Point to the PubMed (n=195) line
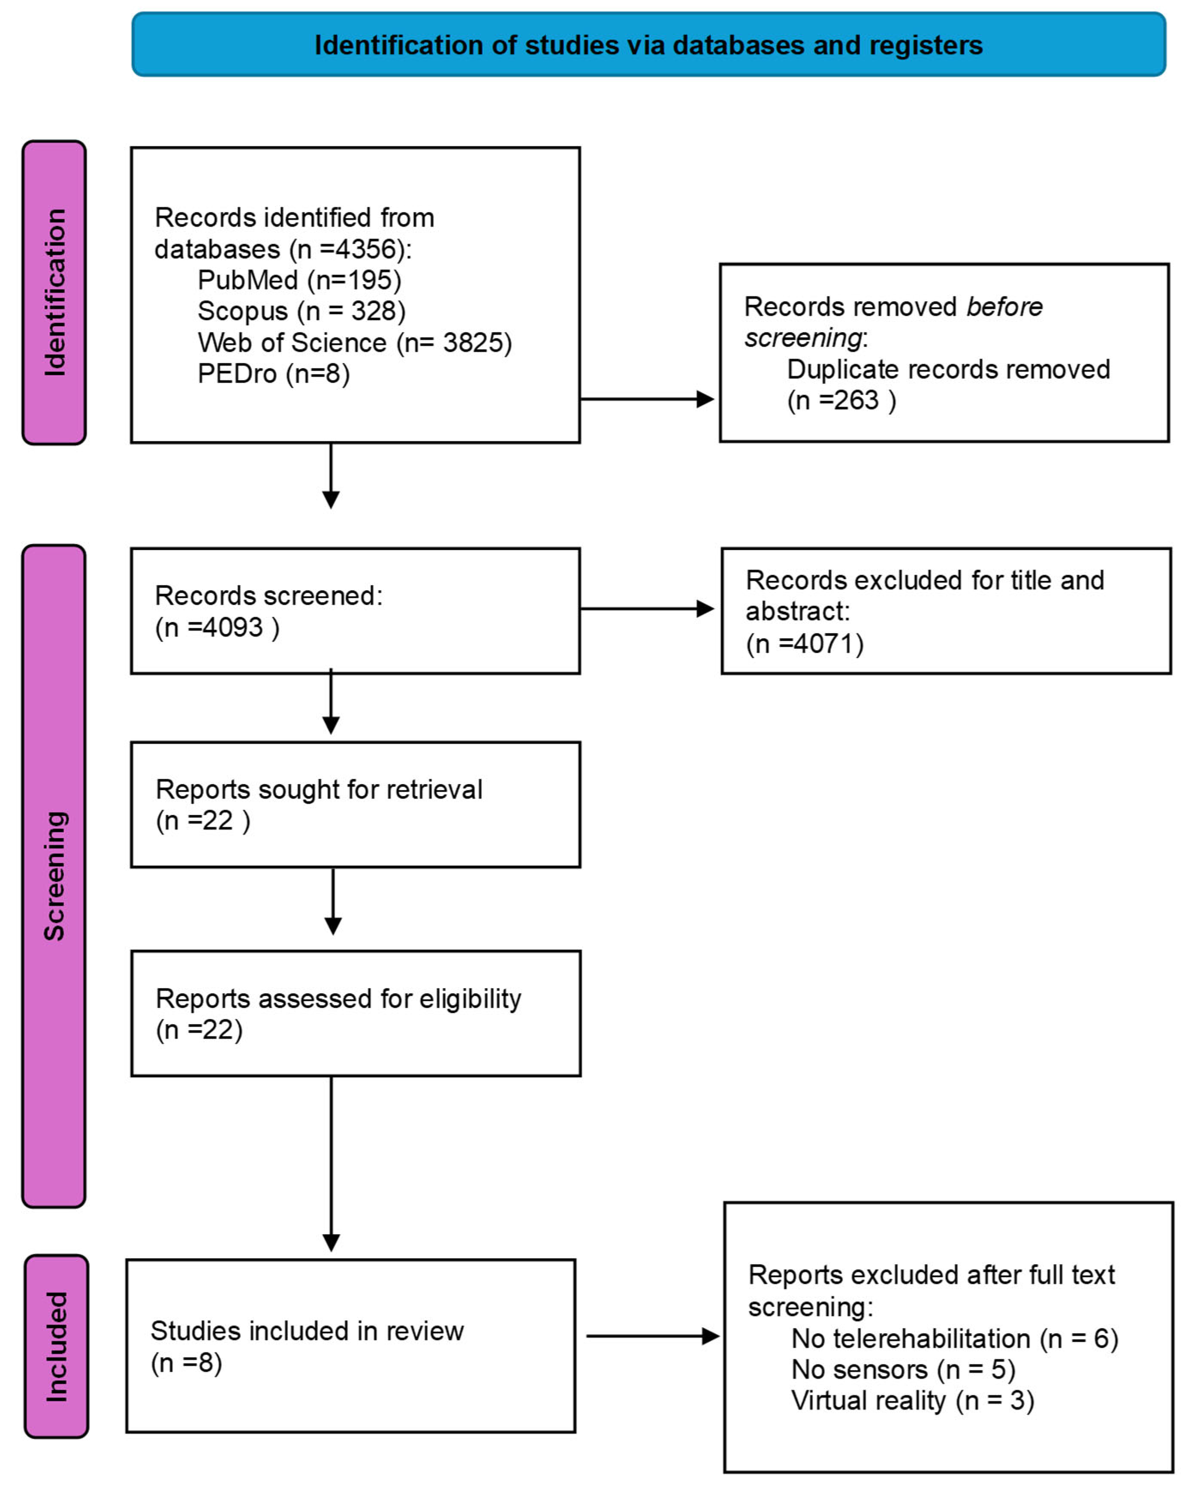click(299, 280)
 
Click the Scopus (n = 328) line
click(301, 311)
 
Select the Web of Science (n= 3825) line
click(354, 343)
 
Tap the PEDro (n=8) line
click(274, 374)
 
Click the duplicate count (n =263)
click(841, 400)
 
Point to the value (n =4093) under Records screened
click(217, 627)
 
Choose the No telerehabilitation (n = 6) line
click(954, 1338)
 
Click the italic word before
click(1004, 307)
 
